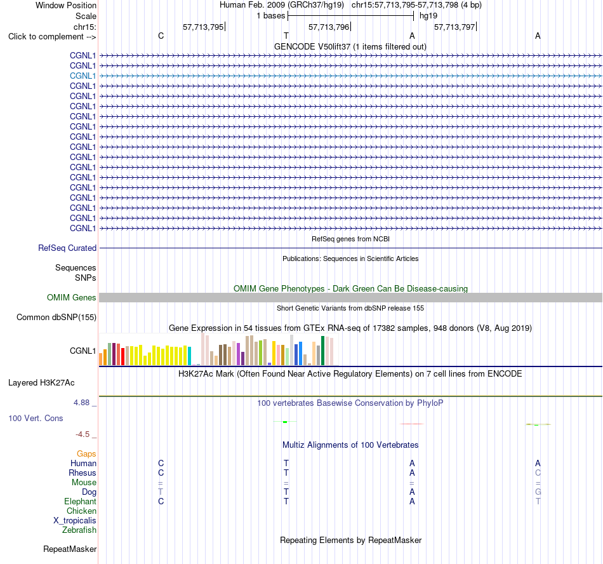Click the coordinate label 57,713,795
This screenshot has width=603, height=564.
coord(203,27)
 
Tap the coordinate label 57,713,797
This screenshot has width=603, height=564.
coord(454,27)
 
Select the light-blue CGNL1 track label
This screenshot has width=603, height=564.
coord(83,76)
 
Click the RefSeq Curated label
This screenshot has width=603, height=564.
coord(67,248)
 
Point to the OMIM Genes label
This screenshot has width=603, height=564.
coord(72,297)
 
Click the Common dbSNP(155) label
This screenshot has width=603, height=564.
coord(56,317)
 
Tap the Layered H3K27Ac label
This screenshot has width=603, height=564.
coord(41,383)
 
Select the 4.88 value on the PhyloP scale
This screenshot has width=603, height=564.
coord(81,403)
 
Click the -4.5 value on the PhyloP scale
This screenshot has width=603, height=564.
coord(83,434)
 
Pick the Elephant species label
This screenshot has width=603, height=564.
coord(81,501)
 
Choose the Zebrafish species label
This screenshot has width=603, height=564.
coord(79,530)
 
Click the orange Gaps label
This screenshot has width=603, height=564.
coord(86,454)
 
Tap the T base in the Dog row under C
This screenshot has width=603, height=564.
coord(161,492)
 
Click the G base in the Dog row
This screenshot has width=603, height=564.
coord(538,492)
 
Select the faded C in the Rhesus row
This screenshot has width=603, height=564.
coord(538,473)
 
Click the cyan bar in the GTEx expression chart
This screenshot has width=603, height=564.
coord(189,356)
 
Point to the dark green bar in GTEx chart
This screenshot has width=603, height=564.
coord(322,351)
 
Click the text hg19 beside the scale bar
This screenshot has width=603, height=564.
coord(428,16)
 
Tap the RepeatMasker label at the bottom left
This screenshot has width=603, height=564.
coord(70,549)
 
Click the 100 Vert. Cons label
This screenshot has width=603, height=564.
coord(36,418)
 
